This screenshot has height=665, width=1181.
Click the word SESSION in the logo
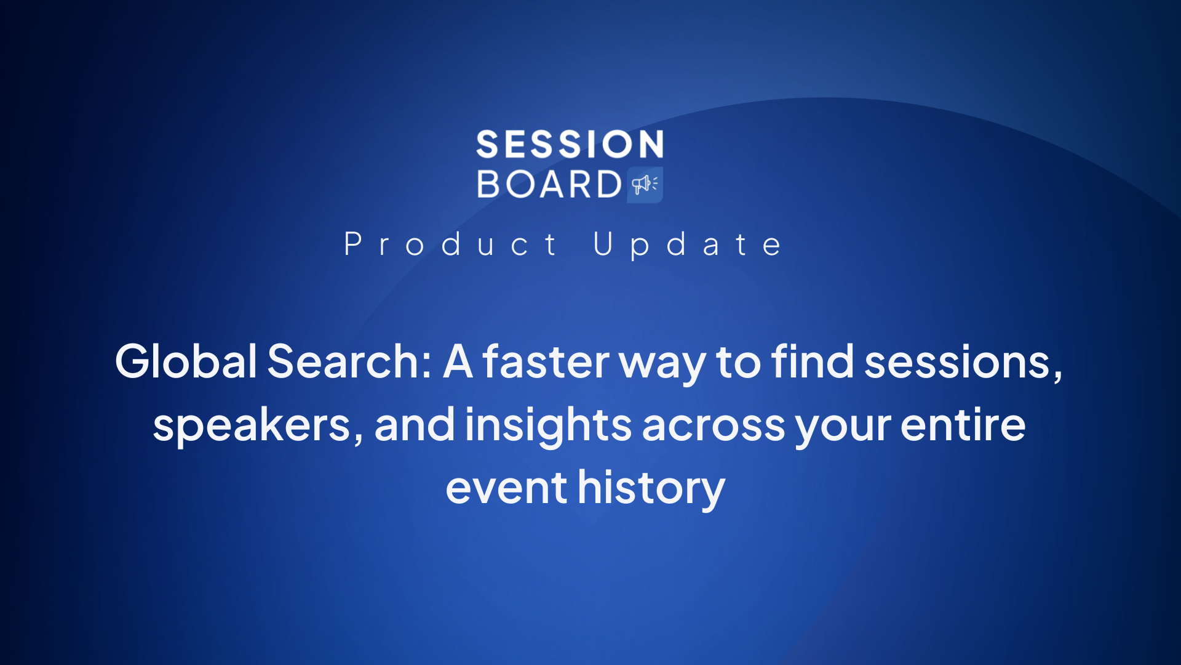570,144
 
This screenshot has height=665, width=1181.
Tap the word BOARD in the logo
549,184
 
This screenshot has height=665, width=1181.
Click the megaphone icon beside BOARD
645,184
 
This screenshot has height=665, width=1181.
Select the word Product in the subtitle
450,244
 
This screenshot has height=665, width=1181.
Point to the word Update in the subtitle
688,244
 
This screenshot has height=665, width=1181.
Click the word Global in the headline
186,361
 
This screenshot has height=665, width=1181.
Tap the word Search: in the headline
349,361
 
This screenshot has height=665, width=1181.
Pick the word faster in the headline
546,361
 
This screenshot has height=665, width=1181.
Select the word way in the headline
662,367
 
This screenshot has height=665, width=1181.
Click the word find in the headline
813,361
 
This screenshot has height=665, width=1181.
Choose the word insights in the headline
548,426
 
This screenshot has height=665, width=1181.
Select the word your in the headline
843,430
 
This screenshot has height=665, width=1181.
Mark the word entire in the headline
963,425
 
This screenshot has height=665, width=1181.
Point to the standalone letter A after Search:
458,361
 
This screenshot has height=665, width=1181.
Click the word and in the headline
415,425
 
